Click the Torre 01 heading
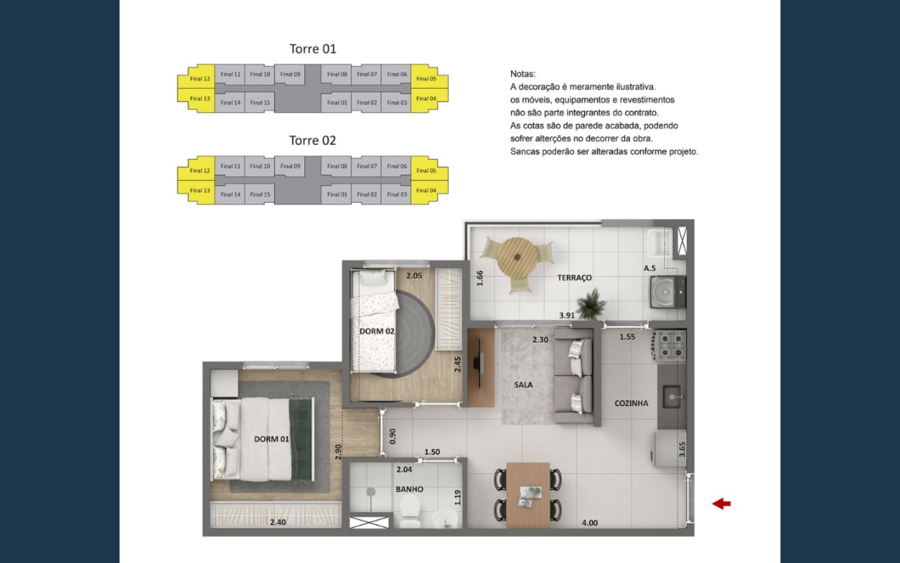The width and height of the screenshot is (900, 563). click(312, 49)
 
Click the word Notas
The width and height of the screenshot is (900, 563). click(522, 74)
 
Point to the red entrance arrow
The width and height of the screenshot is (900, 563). click(721, 504)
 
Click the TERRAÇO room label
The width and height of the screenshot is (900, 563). click(574, 278)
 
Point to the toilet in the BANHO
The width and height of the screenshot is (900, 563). click(410, 510)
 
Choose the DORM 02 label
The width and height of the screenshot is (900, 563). click(376, 332)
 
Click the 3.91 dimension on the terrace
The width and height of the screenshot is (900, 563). click(567, 316)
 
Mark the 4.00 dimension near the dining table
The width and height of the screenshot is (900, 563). click(590, 523)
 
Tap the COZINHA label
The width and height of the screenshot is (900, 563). click(631, 403)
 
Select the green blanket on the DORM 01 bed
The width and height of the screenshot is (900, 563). click(301, 439)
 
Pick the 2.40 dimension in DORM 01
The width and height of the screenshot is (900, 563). click(278, 522)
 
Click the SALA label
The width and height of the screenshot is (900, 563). click(524, 385)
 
